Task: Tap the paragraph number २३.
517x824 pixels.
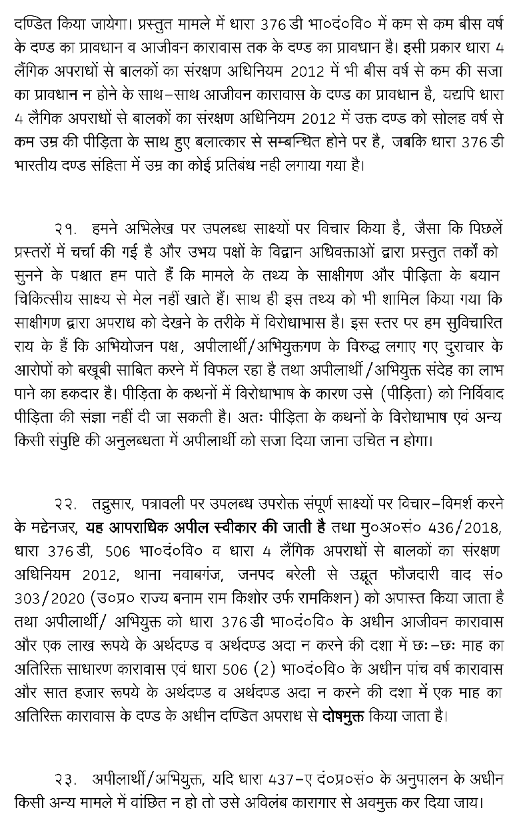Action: (66, 779)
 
